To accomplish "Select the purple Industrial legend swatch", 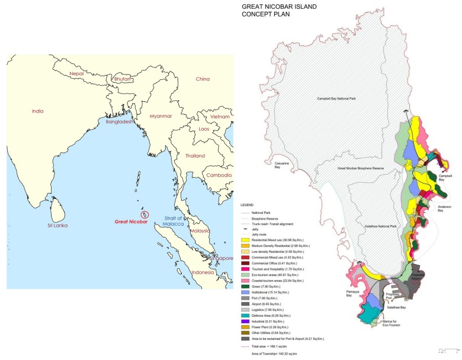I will pyautogui.click(x=244, y=321).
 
